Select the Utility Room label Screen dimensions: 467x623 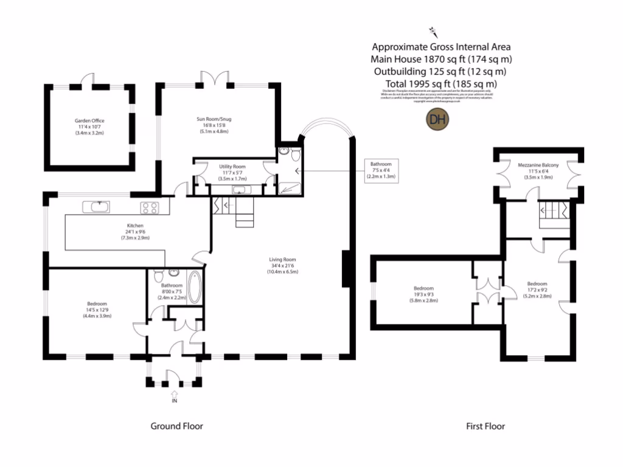(x=232, y=166)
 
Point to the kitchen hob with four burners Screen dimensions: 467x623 (x=150, y=208)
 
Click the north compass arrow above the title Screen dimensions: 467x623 (x=433, y=30)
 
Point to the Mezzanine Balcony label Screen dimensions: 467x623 (x=538, y=165)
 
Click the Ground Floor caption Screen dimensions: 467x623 (x=176, y=426)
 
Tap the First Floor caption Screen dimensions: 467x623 (x=485, y=426)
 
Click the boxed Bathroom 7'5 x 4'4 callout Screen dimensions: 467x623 (x=381, y=170)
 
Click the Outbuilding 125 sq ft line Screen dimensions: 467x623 (x=441, y=71)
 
